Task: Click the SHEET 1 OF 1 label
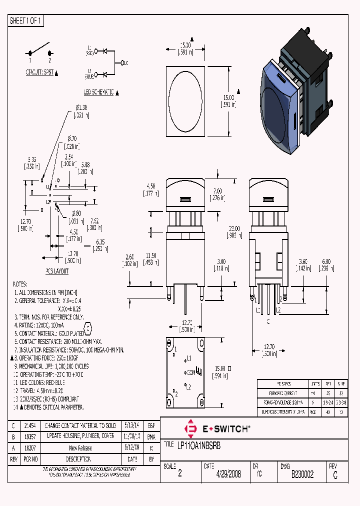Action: tap(26, 21)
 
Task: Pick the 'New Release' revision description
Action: tap(80, 448)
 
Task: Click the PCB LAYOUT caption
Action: tap(57, 271)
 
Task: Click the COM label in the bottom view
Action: tap(190, 372)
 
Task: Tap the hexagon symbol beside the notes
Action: tap(88, 329)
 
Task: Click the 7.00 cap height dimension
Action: tap(217, 192)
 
